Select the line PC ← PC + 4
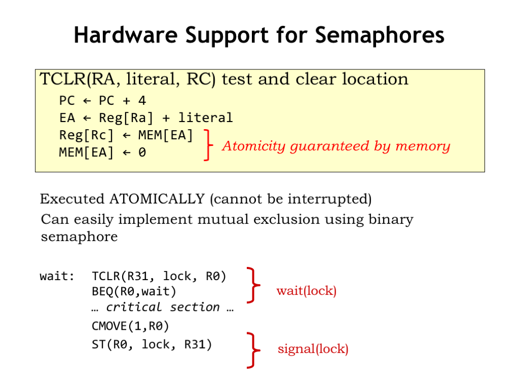coord(102,100)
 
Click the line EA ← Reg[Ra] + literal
coord(146,118)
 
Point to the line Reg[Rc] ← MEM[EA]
coord(126,135)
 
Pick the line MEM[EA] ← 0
coord(102,152)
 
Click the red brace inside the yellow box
coord(207,145)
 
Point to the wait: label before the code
coord(57,277)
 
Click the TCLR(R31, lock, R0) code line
coord(159,277)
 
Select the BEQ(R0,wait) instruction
coord(134,291)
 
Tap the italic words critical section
coord(163,307)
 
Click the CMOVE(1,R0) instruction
coord(130,325)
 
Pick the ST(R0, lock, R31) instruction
coord(152,344)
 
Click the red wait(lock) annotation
coord(306,291)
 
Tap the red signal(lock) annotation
coord(313,349)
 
